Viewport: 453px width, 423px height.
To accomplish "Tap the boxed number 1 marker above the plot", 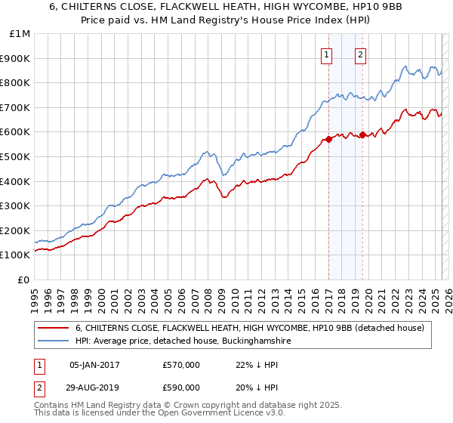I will [327, 54].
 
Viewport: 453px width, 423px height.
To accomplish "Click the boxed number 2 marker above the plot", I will [361, 54].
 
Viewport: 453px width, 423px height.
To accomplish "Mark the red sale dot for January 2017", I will [328, 139].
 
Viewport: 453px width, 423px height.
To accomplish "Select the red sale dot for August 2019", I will [363, 134].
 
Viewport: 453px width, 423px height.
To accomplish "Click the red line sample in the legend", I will [54, 328].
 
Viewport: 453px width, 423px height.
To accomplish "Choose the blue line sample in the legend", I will [54, 341].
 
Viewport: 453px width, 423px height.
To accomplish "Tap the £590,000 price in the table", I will [181, 387].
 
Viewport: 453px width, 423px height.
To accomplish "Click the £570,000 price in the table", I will [181, 365].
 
